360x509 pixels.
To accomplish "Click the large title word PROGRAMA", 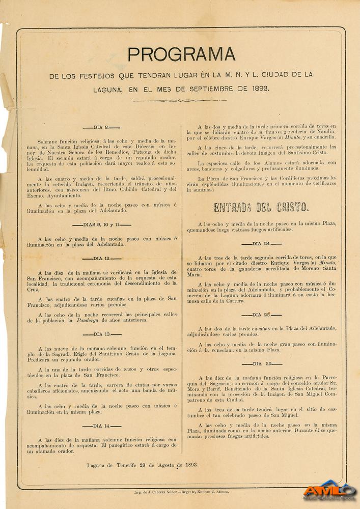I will coord(181,54).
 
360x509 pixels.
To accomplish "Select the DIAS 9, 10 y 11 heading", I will coord(101,224).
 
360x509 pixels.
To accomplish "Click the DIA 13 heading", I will coord(101,334).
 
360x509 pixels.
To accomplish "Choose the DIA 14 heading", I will coord(101,426).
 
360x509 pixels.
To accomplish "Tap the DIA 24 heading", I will coord(261,244).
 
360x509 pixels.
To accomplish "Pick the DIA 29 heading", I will coord(262,364).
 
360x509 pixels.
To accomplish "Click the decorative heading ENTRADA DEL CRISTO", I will coord(261,207).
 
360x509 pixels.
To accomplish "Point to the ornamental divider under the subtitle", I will coord(180,101).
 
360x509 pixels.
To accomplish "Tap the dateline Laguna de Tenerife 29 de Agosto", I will coord(142,465).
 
